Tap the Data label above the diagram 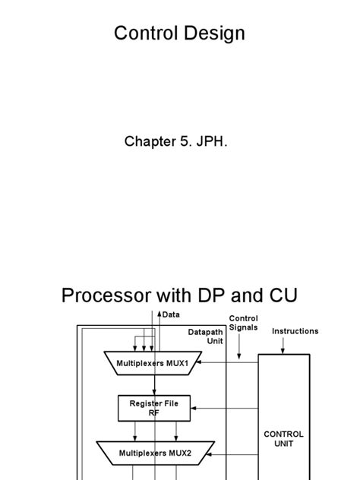coord(171,314)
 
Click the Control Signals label coord(244,324)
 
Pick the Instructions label coord(295,331)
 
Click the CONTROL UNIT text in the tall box coord(283,439)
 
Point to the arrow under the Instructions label coord(283,346)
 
